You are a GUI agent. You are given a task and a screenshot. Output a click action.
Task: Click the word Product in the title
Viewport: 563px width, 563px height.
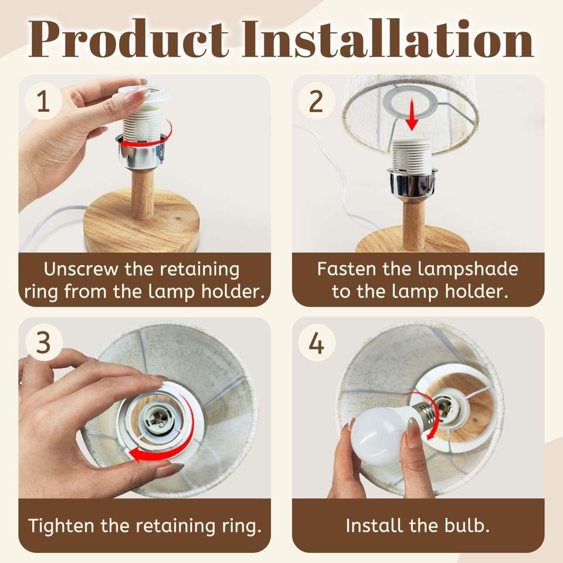pyautogui.click(x=128, y=39)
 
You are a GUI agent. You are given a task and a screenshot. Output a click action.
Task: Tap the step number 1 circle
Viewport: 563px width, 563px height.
pyautogui.click(x=43, y=101)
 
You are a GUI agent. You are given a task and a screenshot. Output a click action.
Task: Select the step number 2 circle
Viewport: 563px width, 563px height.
pyautogui.click(x=316, y=101)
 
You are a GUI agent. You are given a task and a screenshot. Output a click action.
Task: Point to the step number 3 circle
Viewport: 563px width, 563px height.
pyautogui.click(x=43, y=343)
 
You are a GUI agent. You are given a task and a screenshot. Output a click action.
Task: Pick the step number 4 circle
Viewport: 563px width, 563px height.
pyautogui.click(x=316, y=343)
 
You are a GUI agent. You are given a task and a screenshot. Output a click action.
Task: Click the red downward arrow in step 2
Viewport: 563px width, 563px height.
pyautogui.click(x=412, y=115)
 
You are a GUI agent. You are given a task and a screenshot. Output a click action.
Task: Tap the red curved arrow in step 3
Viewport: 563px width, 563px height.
pyautogui.click(x=179, y=442)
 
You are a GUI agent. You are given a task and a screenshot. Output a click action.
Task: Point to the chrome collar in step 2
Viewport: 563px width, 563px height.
pyautogui.click(x=412, y=184)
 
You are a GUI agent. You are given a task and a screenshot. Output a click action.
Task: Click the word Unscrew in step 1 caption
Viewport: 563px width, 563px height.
pyautogui.click(x=81, y=269)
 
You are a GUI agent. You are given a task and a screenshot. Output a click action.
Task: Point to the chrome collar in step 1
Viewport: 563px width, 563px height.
pyautogui.click(x=142, y=151)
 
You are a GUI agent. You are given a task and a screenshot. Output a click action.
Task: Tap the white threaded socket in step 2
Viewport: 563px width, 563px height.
pyautogui.click(x=412, y=155)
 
